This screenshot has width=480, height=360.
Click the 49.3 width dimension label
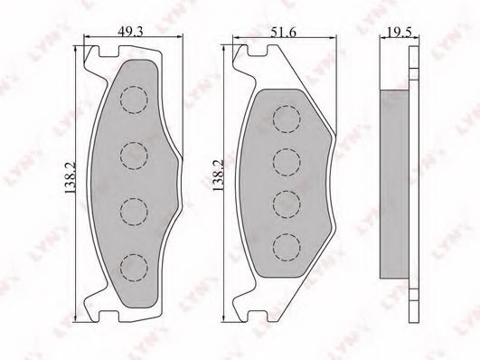pos(131,32)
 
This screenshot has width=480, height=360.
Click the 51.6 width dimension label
pos(284,33)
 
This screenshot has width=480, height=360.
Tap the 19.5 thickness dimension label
pos(400,33)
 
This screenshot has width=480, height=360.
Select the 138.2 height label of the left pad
pos(71,177)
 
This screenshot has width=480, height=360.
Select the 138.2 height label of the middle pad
pos(218,175)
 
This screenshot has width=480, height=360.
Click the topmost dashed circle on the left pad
pos(134,99)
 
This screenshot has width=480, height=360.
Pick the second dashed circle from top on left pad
pos(134,156)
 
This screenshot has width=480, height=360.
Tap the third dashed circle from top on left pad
pos(134,212)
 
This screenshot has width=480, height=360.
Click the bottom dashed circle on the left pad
pos(134,268)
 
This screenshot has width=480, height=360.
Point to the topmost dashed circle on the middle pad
pos(287,118)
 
